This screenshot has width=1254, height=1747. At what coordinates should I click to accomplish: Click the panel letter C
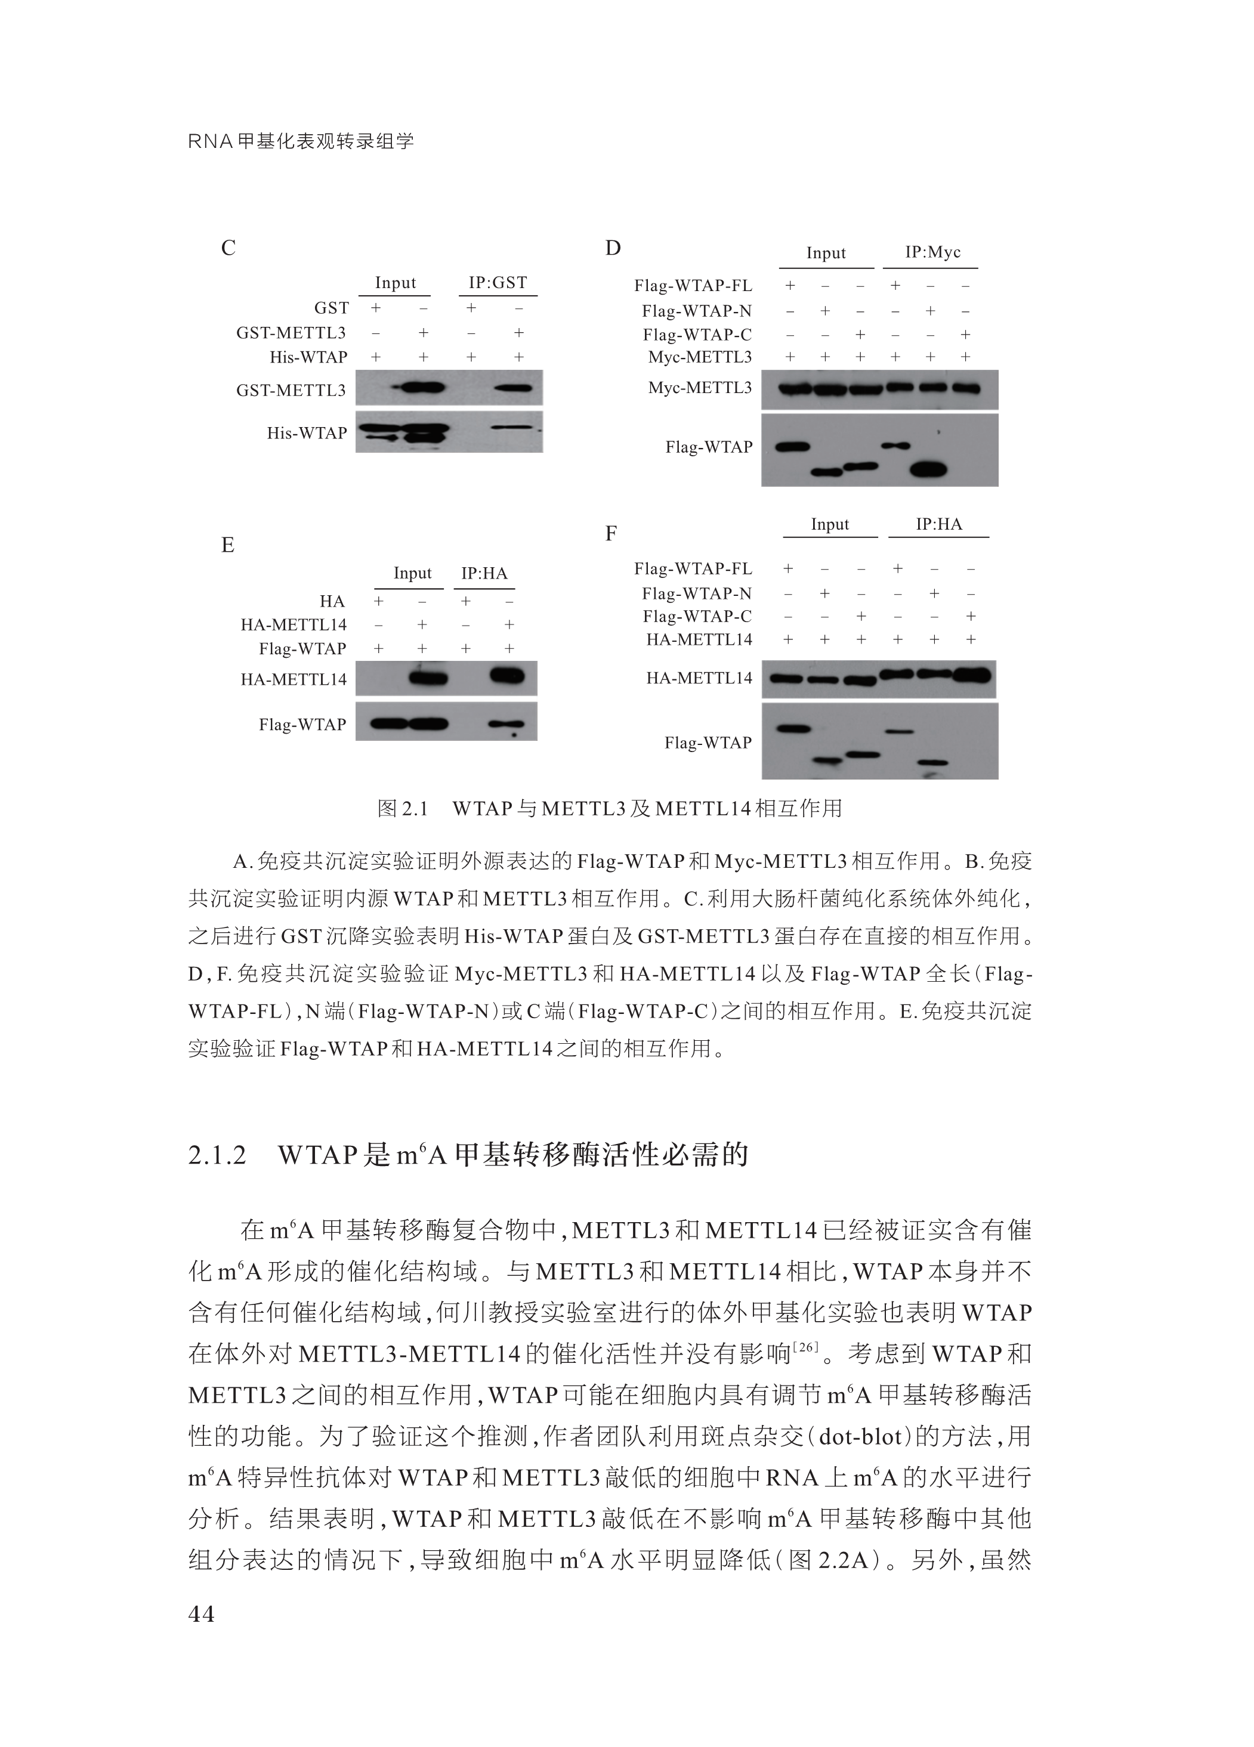[x=228, y=248]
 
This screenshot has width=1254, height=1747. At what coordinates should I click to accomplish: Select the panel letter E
[x=227, y=545]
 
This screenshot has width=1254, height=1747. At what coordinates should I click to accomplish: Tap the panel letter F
[x=611, y=533]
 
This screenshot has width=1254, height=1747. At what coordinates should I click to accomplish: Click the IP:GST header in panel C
[x=498, y=283]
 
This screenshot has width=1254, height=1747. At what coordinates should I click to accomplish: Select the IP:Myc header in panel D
[x=932, y=253]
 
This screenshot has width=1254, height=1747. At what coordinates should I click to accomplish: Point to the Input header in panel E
[x=412, y=573]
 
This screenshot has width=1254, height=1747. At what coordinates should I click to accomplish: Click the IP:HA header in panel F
[x=938, y=524]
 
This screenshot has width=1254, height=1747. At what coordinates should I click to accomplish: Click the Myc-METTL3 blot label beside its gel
[x=699, y=388]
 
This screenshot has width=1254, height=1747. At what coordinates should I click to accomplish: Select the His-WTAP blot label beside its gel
[x=307, y=433]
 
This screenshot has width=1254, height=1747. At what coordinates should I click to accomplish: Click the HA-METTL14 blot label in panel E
[x=294, y=679]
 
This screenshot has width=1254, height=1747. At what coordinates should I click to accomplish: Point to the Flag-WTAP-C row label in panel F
[x=697, y=616]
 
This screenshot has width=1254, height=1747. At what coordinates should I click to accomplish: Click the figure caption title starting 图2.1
[x=609, y=808]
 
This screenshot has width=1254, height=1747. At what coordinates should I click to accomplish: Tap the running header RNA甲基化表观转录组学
[x=301, y=141]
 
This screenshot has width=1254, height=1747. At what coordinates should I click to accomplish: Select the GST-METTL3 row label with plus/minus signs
[x=291, y=333]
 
